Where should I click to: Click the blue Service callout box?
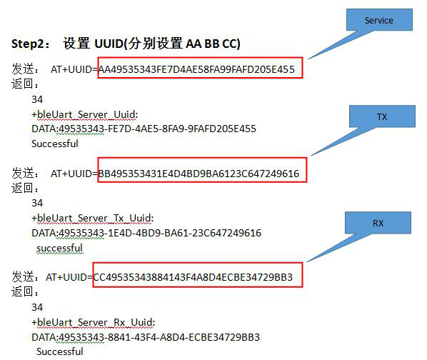(379, 20)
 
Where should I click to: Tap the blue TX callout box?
(382, 116)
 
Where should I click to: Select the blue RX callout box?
(378, 223)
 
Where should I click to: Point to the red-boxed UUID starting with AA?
(196, 69)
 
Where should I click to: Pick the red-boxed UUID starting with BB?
(199, 174)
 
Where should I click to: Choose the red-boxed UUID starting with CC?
(193, 277)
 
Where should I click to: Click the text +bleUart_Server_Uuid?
(85, 114)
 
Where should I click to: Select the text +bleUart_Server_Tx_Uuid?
(93, 218)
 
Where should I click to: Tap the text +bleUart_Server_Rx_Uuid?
(93, 322)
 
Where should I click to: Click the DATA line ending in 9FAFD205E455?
(144, 129)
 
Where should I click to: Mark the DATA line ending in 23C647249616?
(146, 233)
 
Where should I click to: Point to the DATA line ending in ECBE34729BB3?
(146, 337)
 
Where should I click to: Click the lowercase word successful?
(60, 248)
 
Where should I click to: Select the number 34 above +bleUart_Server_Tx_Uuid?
(37, 203)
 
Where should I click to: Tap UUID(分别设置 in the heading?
(139, 44)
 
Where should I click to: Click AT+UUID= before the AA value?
(74, 69)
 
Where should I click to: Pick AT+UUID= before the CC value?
(69, 277)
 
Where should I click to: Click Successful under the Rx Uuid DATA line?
(60, 351)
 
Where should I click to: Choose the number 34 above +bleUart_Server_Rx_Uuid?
(37, 307)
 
